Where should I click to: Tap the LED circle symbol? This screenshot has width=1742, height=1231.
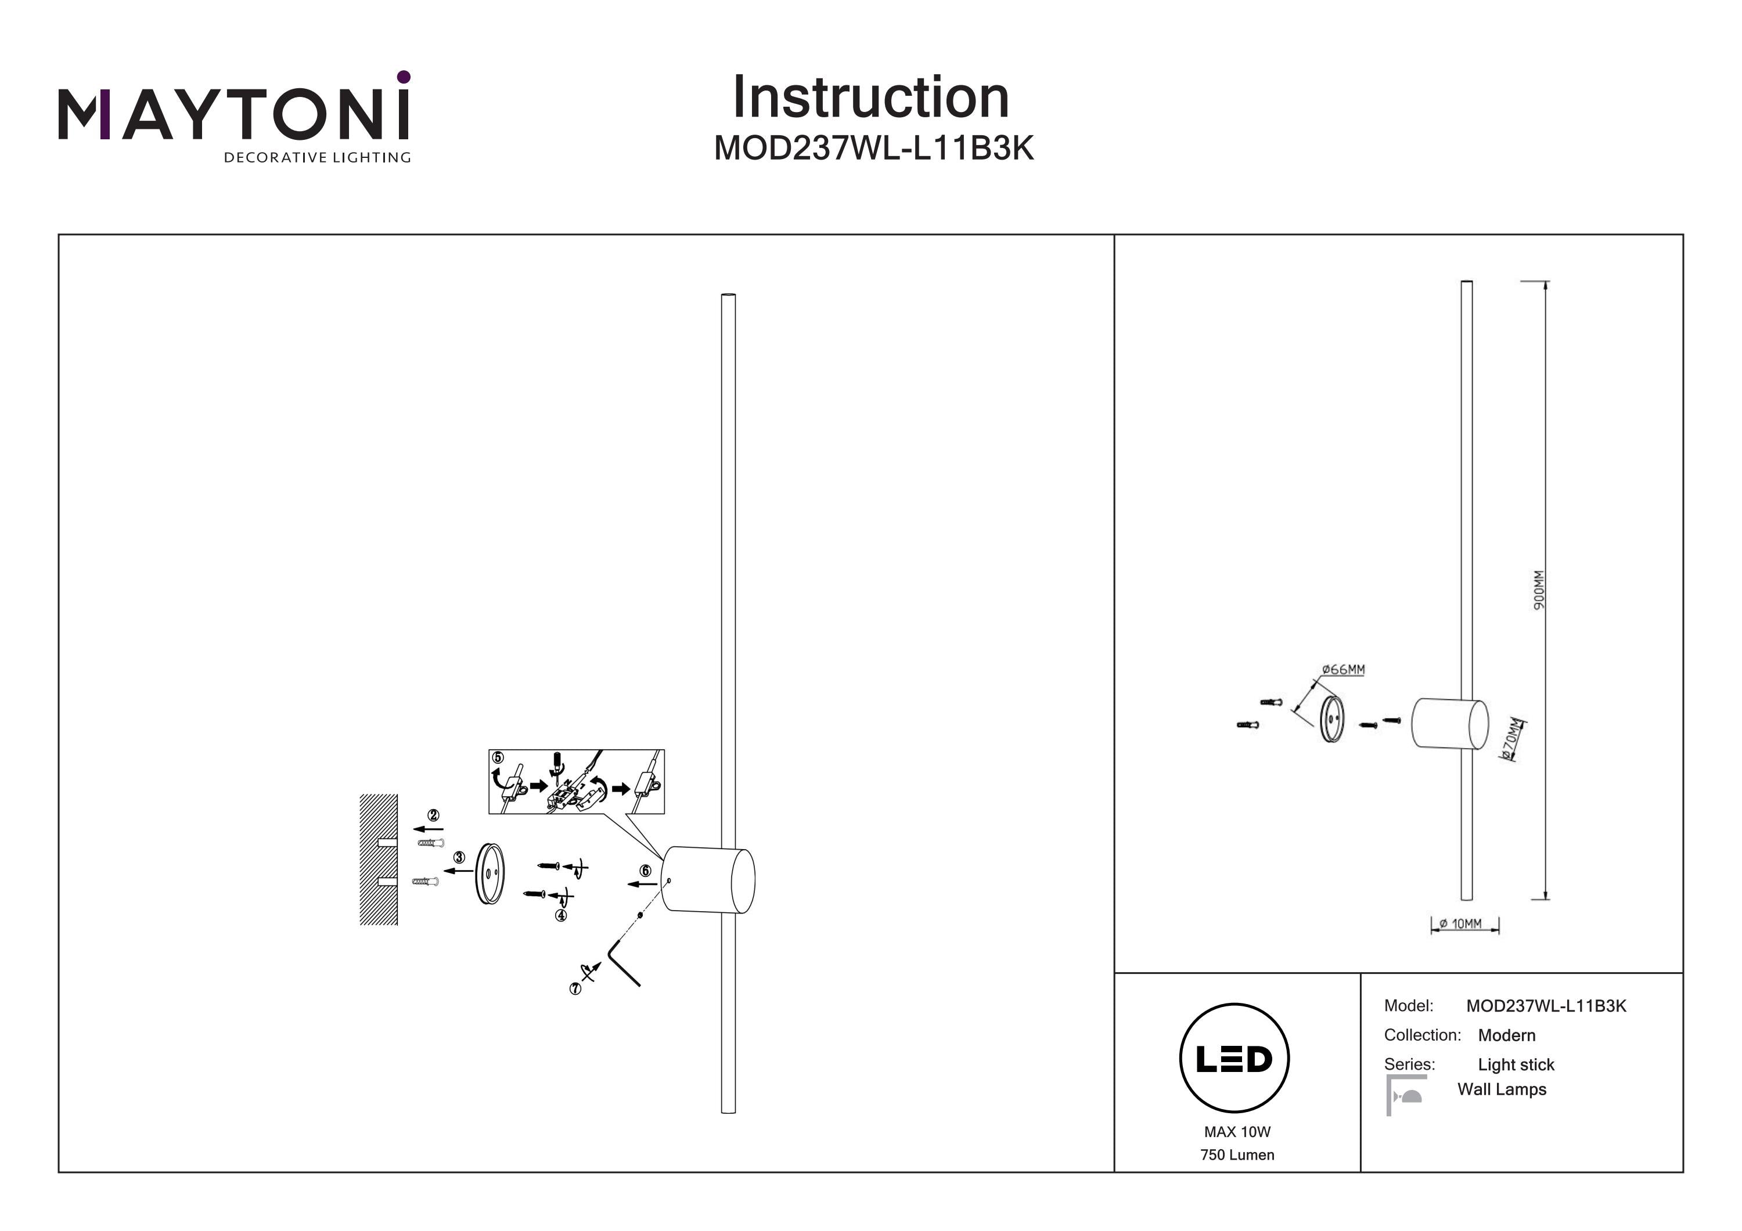click(1234, 1058)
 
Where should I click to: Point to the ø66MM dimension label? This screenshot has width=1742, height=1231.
click(1343, 669)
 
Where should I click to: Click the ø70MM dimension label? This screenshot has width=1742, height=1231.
click(1512, 739)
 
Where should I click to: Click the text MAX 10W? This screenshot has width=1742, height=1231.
click(1237, 1132)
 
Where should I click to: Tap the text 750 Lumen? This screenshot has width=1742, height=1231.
click(1237, 1154)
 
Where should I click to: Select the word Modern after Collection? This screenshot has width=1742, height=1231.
click(1506, 1035)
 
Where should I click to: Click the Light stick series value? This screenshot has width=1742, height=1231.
click(1516, 1065)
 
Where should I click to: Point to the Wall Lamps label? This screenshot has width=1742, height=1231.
click(1502, 1089)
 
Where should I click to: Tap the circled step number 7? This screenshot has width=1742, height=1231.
click(575, 989)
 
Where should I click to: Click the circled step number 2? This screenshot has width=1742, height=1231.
click(433, 815)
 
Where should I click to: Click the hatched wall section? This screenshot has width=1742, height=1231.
click(379, 860)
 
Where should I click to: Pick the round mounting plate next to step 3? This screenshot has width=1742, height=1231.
click(490, 875)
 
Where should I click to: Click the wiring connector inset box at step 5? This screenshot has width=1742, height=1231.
click(577, 782)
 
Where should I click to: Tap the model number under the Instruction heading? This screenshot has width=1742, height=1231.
click(874, 149)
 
